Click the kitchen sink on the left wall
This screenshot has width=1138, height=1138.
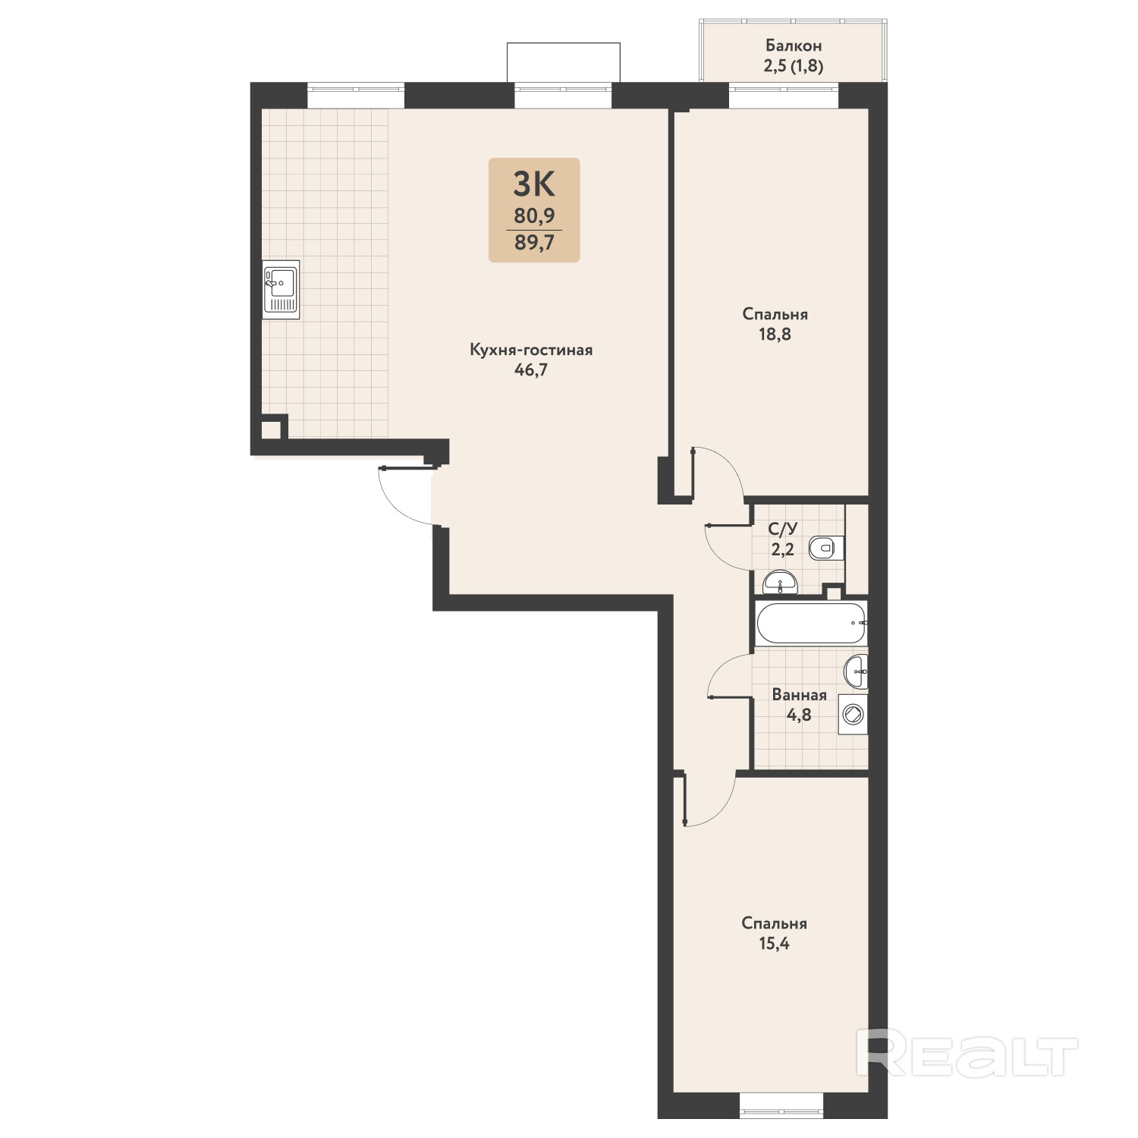281,289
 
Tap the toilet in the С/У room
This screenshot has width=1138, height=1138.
826,548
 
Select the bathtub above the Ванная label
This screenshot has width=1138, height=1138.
811,624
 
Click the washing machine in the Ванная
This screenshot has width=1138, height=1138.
853,715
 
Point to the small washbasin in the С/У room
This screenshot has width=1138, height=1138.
779,583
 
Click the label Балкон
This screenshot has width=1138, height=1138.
793,46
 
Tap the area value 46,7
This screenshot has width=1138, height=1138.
531,370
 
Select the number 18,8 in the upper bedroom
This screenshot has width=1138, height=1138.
775,334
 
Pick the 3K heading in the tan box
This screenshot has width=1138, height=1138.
534,184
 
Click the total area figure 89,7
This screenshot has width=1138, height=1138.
534,243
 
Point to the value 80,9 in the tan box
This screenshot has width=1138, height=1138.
534,216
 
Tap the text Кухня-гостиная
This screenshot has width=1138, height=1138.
531,350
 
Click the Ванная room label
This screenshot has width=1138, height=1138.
799,694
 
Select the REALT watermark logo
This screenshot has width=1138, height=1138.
967,1053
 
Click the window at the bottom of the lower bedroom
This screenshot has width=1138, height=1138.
781,1103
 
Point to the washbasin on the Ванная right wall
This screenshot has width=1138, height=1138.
857,671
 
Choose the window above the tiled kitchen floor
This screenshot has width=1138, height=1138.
356,96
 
